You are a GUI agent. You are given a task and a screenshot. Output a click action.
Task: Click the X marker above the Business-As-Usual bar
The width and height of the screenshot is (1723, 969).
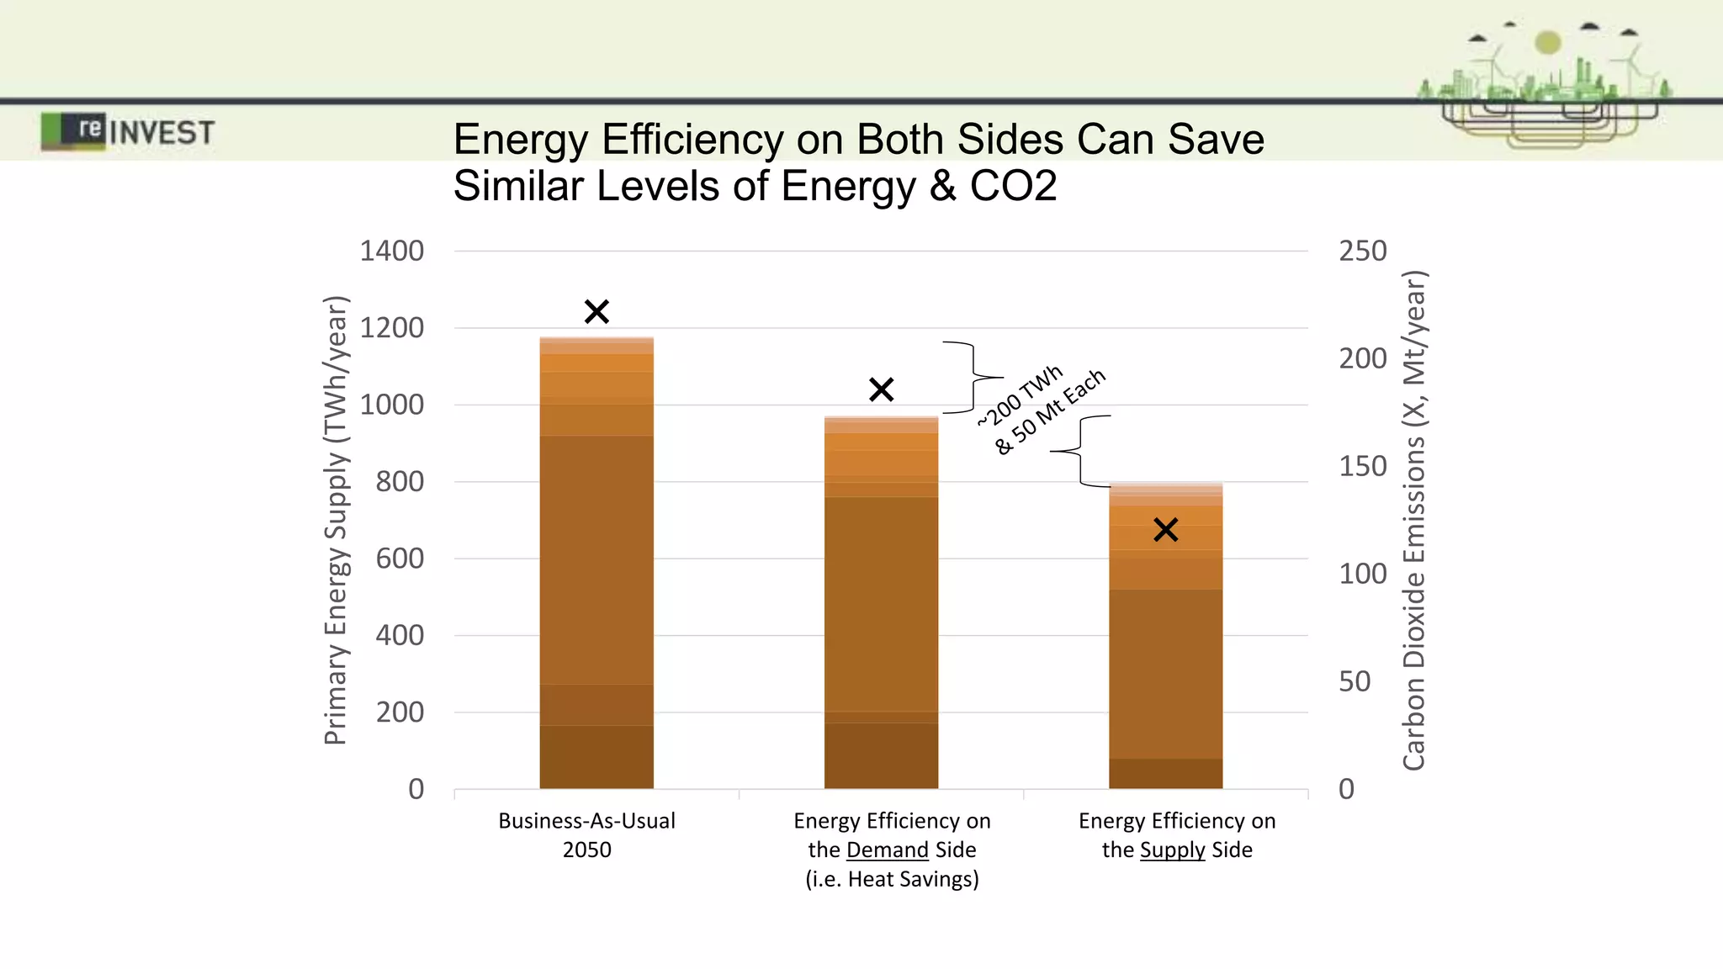(x=596, y=312)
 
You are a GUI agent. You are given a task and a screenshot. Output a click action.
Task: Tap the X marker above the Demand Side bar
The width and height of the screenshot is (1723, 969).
(x=881, y=389)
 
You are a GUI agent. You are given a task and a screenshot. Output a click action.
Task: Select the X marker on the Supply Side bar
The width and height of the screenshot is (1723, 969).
(x=1165, y=530)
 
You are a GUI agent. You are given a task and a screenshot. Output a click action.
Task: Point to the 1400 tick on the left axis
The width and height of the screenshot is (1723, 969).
(x=391, y=251)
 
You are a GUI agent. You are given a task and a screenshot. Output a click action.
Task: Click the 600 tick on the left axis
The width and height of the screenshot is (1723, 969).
(x=400, y=559)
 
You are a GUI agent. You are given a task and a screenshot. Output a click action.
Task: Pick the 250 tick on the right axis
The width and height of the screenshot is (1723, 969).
(x=1362, y=251)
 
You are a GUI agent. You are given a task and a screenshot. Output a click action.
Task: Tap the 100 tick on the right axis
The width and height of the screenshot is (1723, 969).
(x=1362, y=574)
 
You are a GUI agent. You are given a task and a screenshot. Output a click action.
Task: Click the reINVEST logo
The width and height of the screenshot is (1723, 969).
(x=128, y=132)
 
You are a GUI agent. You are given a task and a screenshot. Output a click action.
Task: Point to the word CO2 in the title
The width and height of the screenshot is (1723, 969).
(x=1013, y=186)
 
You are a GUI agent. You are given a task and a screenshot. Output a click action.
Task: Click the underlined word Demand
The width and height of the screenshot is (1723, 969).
(x=887, y=850)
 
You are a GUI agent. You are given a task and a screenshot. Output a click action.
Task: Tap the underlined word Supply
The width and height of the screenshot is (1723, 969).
(x=1172, y=850)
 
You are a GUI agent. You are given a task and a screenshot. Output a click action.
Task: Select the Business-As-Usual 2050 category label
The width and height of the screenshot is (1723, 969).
(x=586, y=834)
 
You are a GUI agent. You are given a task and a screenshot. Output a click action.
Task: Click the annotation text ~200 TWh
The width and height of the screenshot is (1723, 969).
(x=1020, y=395)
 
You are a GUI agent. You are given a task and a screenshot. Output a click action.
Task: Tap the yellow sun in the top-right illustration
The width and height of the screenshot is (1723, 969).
(x=1547, y=42)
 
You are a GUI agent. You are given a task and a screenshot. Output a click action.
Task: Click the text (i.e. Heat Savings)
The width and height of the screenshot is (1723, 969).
(x=892, y=879)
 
